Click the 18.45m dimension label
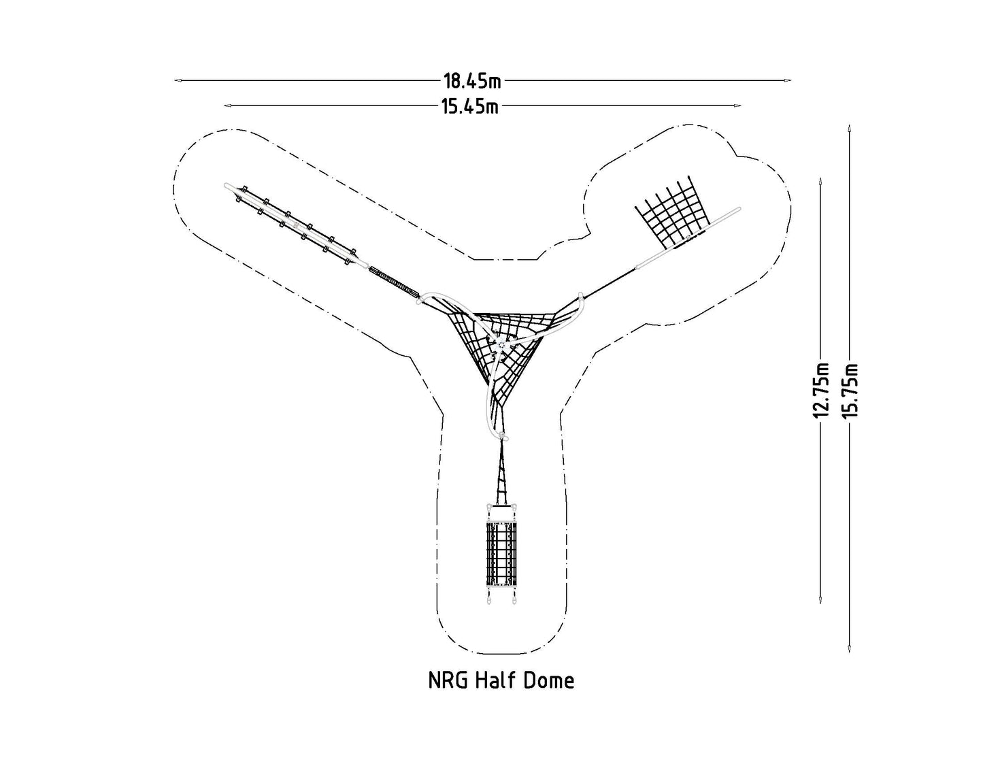472,81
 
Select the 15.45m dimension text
471,106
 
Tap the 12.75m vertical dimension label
820,391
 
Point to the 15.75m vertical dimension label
850,391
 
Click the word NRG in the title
448,680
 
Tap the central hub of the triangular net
501,345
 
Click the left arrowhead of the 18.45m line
178,80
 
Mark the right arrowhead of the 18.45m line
788,80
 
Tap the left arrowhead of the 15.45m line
228,106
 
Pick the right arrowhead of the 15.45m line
738,106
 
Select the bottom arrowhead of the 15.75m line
850,648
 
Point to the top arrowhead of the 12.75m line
820,182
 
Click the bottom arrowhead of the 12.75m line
820,600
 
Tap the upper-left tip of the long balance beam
226,185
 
